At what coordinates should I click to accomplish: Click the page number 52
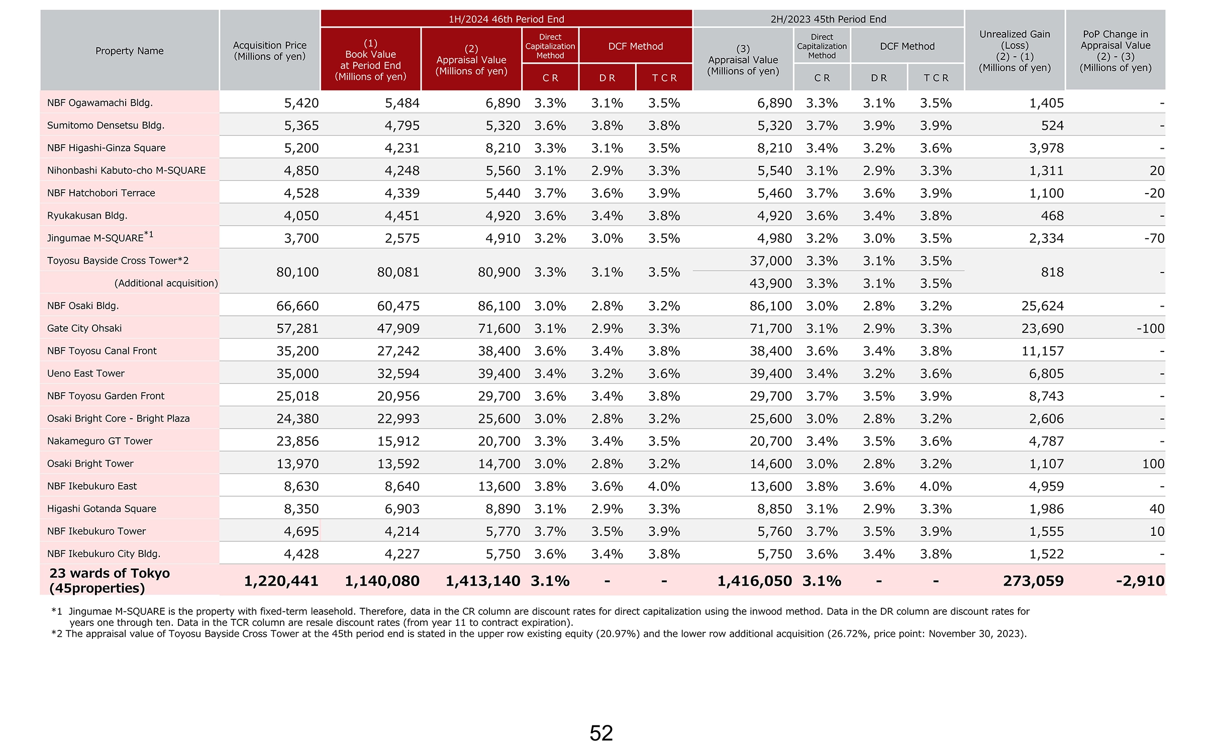tap(601, 733)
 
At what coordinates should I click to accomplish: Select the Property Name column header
tap(130, 51)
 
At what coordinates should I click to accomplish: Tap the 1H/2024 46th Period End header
tap(506, 19)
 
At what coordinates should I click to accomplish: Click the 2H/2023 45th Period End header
tap(828, 19)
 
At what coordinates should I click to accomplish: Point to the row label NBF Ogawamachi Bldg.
tap(100, 103)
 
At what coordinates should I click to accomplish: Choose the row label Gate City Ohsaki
tap(84, 328)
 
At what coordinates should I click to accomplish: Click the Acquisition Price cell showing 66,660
tap(297, 306)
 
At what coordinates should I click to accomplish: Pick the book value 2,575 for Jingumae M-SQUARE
tap(402, 238)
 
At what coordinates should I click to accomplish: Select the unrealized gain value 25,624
tap(1043, 306)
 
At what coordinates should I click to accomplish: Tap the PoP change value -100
tap(1150, 328)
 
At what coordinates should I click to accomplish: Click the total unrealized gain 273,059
tap(1033, 581)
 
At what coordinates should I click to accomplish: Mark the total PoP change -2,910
tap(1140, 581)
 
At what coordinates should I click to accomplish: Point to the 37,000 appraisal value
tap(771, 261)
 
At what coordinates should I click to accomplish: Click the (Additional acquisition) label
tap(166, 283)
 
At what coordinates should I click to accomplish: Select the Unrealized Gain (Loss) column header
tap(1015, 51)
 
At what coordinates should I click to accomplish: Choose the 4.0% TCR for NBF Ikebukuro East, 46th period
tap(664, 486)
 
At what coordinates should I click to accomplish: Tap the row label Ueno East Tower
tap(86, 373)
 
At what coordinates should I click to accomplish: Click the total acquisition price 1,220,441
tap(281, 581)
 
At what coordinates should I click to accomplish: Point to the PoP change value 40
tap(1157, 509)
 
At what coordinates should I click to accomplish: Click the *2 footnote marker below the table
tap(57, 633)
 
